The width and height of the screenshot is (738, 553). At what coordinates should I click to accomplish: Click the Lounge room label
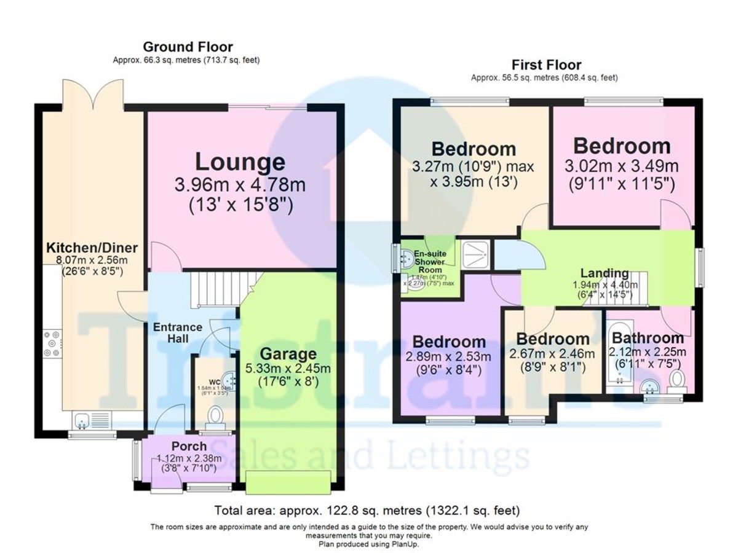[240, 162]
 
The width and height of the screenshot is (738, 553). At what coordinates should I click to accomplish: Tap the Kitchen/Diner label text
[92, 248]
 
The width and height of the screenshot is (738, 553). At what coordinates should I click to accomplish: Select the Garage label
[288, 354]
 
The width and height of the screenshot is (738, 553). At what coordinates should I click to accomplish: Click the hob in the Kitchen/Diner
[50, 343]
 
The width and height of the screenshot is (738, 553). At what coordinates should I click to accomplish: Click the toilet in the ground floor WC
[215, 417]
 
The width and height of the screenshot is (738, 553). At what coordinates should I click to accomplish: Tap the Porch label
[189, 445]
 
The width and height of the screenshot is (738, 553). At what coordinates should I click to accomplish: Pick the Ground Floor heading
[188, 47]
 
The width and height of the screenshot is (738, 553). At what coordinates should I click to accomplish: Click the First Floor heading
[546, 65]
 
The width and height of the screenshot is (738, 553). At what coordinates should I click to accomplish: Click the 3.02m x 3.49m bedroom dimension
[621, 166]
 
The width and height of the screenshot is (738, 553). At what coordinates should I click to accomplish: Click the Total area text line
[367, 510]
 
